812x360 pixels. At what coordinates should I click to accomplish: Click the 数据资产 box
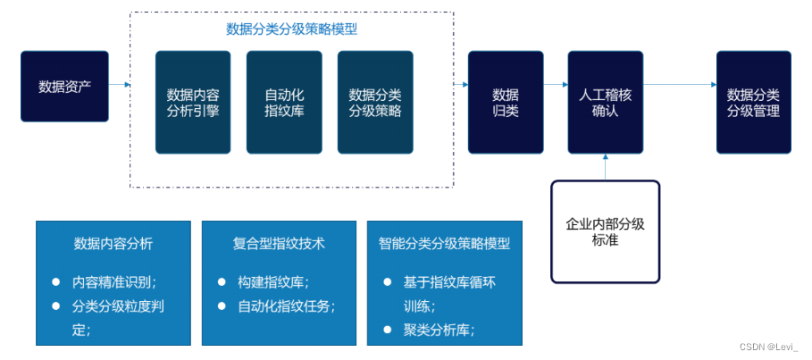[64, 87]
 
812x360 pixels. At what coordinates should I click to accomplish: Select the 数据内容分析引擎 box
[193, 102]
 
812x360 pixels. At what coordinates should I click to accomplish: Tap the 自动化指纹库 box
[284, 102]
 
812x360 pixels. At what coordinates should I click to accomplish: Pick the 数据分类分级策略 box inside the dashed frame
[375, 102]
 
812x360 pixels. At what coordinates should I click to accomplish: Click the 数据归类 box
[506, 102]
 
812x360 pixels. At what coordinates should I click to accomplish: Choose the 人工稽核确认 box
[605, 102]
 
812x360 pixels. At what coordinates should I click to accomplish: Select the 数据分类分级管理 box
[753, 102]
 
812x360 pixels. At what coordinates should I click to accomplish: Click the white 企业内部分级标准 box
[605, 231]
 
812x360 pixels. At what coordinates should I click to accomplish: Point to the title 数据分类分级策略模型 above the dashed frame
[291, 29]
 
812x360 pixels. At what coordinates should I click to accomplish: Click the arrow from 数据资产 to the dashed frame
[120, 85]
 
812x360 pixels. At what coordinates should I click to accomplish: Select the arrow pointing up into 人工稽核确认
[605, 167]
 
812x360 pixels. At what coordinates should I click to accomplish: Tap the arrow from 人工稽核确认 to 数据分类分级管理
[679, 85]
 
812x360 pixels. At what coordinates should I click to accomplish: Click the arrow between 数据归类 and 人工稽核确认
[556, 85]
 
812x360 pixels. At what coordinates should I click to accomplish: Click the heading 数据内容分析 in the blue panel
[113, 243]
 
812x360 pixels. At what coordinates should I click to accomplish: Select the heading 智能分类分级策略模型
[444, 243]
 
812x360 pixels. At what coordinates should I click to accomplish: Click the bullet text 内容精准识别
[114, 281]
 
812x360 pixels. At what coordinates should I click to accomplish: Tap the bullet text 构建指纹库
[273, 281]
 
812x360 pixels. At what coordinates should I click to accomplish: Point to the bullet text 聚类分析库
[439, 330]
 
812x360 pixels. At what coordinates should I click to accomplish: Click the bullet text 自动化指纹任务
[286, 306]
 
